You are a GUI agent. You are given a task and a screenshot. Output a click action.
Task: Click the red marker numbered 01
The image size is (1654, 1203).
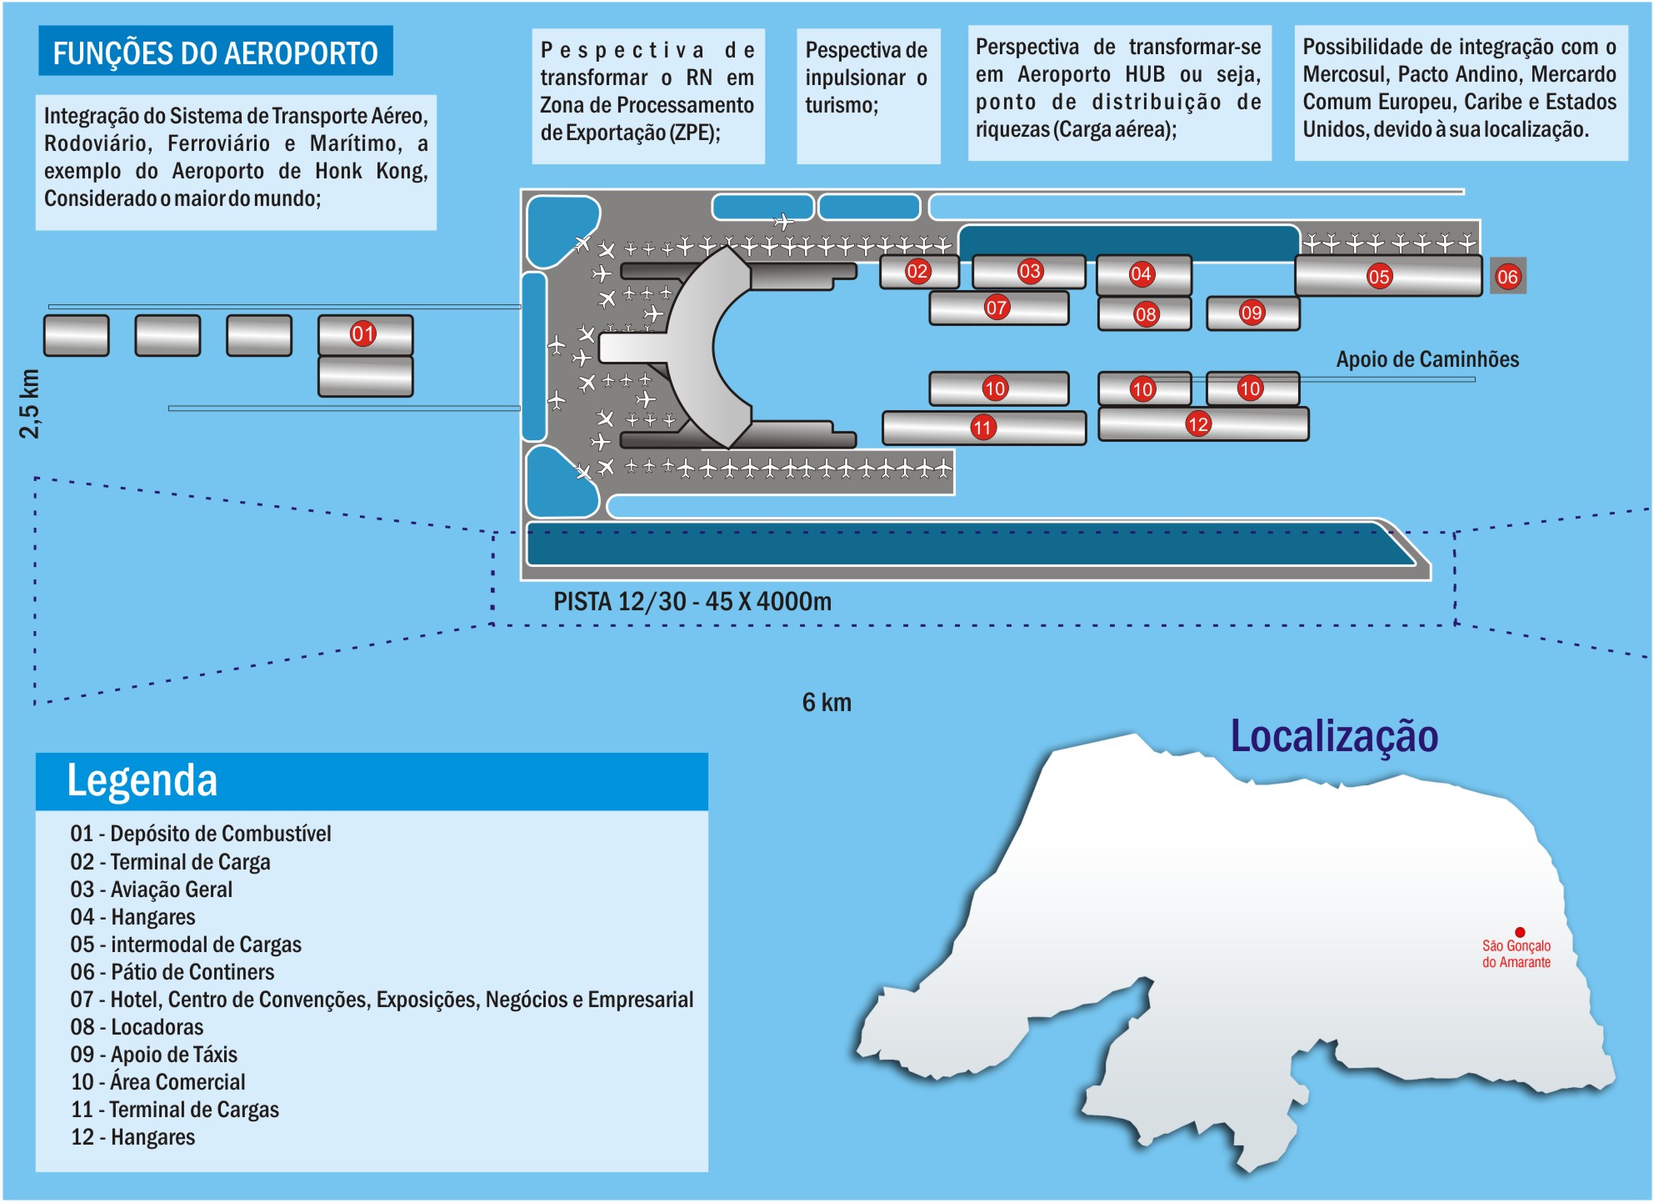pos(362,334)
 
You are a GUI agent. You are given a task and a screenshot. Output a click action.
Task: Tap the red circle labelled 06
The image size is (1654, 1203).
pos(1507,277)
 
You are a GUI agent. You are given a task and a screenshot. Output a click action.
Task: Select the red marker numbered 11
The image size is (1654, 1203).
pos(983,428)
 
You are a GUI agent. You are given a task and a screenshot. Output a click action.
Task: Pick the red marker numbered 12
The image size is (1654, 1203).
pos(1198,424)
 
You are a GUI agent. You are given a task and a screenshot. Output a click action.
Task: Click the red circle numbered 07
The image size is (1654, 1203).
pos(997,308)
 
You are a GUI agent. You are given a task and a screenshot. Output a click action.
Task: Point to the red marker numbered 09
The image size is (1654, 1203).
pos(1252,313)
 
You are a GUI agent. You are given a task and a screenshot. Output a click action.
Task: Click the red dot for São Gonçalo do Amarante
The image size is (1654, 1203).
pos(1520,932)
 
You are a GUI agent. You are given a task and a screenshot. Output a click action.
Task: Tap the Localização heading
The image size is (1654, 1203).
pos(1334,737)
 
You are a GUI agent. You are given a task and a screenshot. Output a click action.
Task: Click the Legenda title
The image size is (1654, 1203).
pos(142,781)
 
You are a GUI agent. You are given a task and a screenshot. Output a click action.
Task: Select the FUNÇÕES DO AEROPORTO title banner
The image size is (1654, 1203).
pos(215,53)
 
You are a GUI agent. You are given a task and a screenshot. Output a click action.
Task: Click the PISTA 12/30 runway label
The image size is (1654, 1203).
pos(692,601)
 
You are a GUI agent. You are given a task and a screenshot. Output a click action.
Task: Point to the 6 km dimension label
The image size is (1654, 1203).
pos(827,703)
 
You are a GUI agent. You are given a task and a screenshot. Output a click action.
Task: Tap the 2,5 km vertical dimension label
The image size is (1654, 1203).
pos(30,404)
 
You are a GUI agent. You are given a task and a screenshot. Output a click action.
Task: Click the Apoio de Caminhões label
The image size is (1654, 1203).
pos(1427,359)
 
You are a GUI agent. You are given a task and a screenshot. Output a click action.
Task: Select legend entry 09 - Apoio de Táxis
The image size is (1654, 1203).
pos(154,1055)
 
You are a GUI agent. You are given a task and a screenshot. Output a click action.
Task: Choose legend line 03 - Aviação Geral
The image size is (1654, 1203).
pos(152,890)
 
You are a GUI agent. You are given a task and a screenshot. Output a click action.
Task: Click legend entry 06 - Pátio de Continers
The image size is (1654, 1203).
pos(172,972)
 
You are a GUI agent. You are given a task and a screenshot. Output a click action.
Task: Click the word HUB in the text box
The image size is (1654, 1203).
pos(1145,74)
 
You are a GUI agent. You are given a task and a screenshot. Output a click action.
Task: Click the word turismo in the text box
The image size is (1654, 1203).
pos(840,106)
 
